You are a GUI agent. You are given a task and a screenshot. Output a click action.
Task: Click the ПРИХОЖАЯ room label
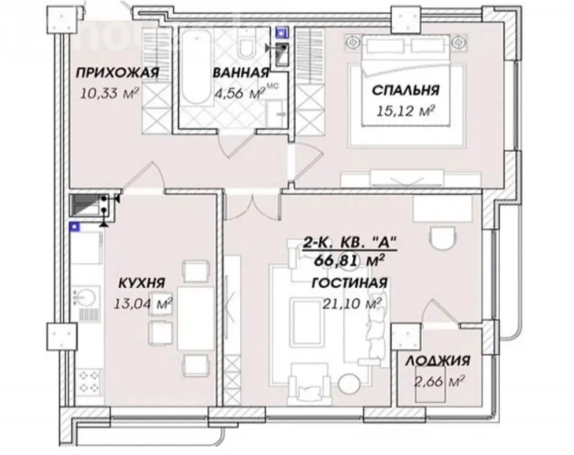coord(117,73)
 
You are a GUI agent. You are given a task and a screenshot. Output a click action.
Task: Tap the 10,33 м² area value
coord(110,93)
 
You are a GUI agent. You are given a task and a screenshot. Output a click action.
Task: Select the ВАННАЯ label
coord(241,73)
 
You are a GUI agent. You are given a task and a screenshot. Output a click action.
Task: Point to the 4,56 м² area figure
coord(240,94)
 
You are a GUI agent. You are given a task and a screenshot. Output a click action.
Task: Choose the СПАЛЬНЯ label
coord(406,90)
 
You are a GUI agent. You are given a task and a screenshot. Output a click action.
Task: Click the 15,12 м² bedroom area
coord(406,111)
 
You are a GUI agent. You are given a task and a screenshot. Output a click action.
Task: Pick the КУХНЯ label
coord(142,283)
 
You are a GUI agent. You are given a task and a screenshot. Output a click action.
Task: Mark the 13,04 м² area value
coord(143,303)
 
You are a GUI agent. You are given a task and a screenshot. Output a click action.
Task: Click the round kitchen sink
coord(86,296)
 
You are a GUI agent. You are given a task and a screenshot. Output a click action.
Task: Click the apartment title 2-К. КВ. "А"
coord(349,243)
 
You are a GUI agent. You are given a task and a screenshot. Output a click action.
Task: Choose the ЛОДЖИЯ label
coord(438,361)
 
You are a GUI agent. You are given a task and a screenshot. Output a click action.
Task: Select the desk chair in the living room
coord(442,238)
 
